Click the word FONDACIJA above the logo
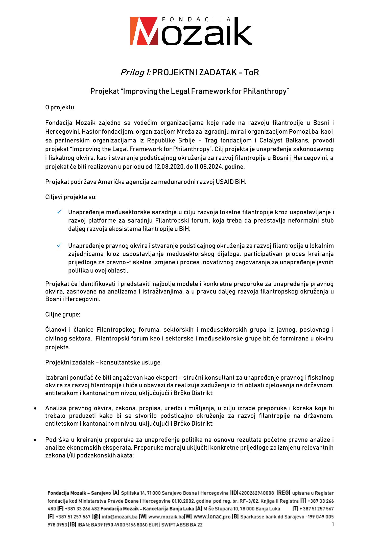point(196,19)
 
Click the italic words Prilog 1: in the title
point(135,72)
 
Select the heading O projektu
point(60,107)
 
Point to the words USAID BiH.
point(231,182)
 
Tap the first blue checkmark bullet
point(60,212)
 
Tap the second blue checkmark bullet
point(60,245)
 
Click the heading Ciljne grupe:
point(63,315)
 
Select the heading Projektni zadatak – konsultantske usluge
point(103,362)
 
